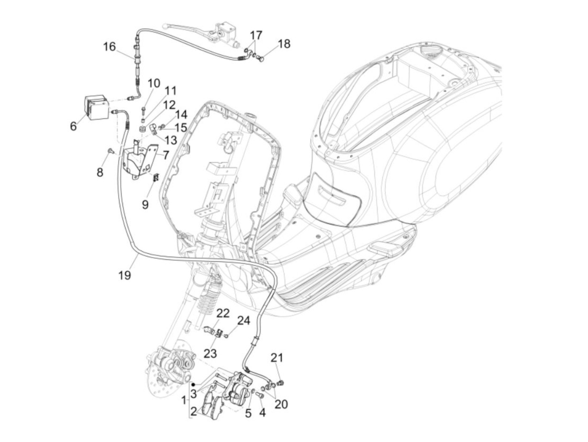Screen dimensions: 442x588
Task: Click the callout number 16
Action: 109,46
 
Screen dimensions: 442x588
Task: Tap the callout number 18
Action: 284,44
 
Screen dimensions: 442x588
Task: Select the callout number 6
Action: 73,126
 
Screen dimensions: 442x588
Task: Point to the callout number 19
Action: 125,275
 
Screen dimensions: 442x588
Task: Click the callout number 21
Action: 277,358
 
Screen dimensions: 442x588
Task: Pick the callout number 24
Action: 243,321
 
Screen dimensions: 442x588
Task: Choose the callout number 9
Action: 145,205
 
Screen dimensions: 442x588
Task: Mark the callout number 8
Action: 100,172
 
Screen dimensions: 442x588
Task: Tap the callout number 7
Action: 165,155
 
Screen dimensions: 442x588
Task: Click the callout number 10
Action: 154,83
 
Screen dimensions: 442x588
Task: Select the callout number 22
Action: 223,313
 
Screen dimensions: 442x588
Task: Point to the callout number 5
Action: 248,413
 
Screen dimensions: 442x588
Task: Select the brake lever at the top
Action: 181,25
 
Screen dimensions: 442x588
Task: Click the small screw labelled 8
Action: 110,150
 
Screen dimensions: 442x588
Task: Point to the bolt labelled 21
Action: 282,382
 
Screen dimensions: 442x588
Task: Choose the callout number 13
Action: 171,139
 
